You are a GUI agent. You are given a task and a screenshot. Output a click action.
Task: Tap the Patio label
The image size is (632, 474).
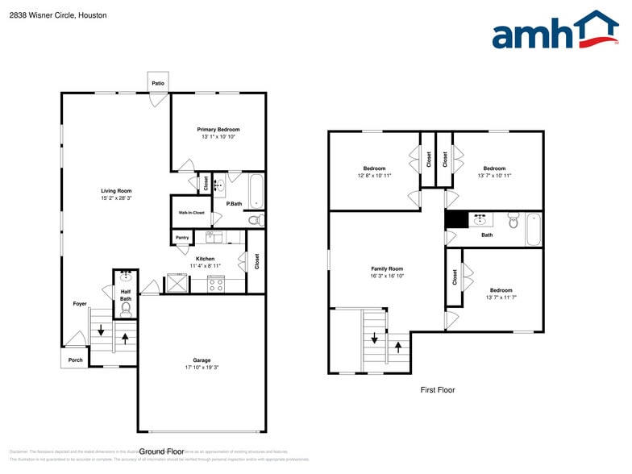coord(158,82)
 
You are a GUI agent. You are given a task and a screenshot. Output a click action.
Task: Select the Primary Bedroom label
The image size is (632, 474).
coord(218,130)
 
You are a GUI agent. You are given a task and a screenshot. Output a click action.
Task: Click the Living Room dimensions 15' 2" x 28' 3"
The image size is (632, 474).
coord(116,197)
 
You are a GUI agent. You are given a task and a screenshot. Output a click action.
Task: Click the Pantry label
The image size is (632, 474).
coord(182,238)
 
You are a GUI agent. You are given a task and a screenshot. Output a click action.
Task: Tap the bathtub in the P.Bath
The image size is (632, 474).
coord(256,191)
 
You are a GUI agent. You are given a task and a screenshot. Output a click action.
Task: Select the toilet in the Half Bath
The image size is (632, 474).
coord(125,307)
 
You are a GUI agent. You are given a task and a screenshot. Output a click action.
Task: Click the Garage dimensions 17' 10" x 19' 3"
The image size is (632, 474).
coord(201,367)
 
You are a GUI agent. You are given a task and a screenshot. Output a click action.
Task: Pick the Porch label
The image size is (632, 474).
coord(75,360)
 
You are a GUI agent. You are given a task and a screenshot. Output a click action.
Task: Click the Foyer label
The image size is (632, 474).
coord(80,304)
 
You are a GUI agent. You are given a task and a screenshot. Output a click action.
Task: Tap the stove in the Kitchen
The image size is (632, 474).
coord(216,283)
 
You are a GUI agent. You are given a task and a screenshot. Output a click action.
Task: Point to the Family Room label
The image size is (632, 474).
coord(387,268)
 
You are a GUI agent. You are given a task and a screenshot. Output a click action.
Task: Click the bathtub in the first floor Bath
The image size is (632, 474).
coord(534,229)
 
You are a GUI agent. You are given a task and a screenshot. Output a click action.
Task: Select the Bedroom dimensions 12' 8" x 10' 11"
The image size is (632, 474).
coord(374,175)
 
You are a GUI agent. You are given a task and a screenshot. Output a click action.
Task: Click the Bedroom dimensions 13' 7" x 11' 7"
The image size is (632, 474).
coord(501,297)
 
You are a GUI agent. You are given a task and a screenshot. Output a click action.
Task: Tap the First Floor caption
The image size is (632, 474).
coord(438,390)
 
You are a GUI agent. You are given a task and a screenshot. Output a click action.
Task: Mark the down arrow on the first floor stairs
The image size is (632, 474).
coord(375,338)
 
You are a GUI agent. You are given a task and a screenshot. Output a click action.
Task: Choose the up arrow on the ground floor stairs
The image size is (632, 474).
coord(125,337)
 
